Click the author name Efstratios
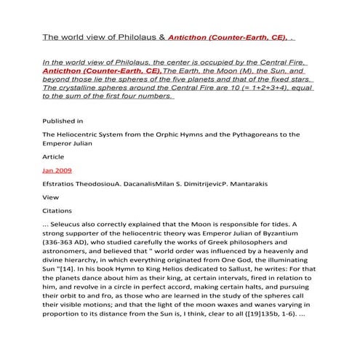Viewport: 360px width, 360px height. point(64,184)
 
